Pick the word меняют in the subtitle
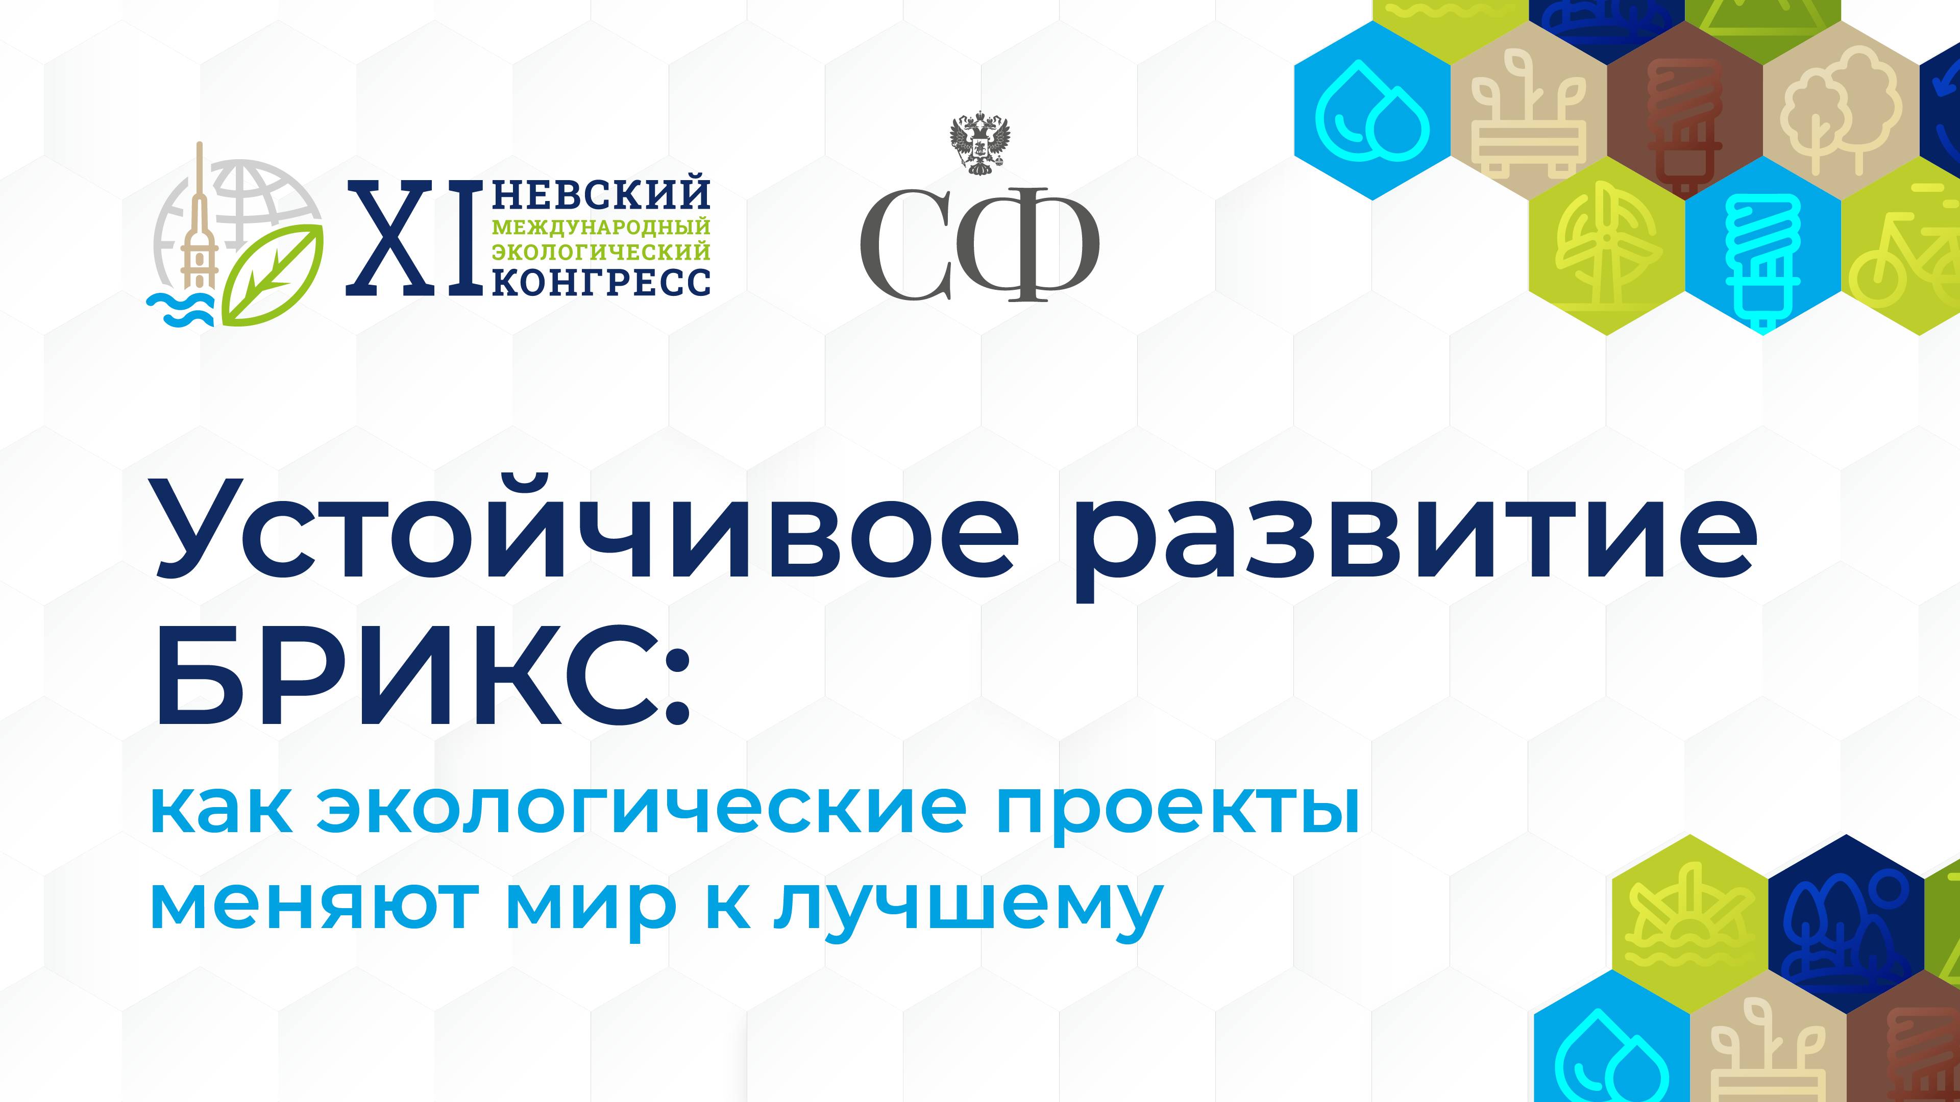point(309,904)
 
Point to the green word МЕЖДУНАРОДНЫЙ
point(601,227)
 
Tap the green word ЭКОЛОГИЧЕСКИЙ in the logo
point(601,251)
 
